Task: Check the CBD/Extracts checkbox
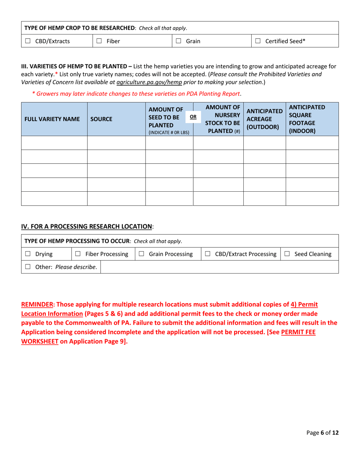coord(28,41)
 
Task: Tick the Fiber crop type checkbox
coord(99,41)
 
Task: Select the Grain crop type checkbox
coord(179,41)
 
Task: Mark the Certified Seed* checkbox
coord(258,41)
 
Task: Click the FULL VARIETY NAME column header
coord(52,119)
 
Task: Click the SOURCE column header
coord(101,119)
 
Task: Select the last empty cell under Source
coord(116,199)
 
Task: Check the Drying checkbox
coord(28,253)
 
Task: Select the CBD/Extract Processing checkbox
coord(208,253)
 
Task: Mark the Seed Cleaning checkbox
coord(287,253)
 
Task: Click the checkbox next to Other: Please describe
coord(28,267)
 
